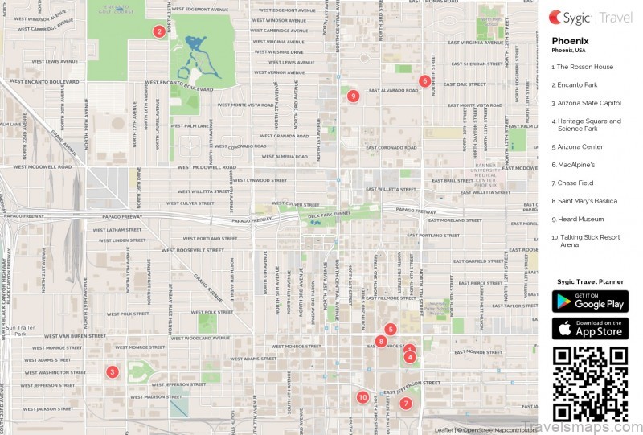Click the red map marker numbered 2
coord(159,32)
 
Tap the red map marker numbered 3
coord(113,371)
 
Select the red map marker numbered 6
coord(424,80)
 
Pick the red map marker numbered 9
coord(353,96)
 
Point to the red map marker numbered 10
coord(362,397)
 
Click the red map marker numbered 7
coord(406,403)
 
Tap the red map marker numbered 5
coord(391,329)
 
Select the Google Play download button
coord(590,302)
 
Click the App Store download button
coord(590,328)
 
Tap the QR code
coord(590,384)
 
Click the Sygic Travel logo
coord(590,17)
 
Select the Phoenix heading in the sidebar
coord(570,40)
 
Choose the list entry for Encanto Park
coord(577,84)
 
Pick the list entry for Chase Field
coord(575,183)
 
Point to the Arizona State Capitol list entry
coord(586,103)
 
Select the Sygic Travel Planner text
coord(590,282)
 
